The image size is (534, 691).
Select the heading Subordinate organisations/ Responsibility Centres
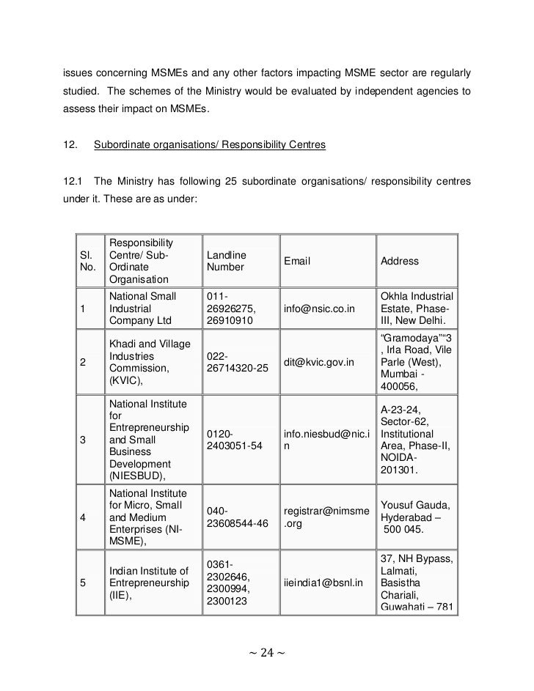[x=210, y=146]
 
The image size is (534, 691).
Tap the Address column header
[x=400, y=261]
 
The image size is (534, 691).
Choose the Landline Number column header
[x=225, y=261]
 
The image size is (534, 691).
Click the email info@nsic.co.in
[x=319, y=309]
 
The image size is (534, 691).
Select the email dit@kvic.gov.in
[x=319, y=362]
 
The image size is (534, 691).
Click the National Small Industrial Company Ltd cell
[x=143, y=309]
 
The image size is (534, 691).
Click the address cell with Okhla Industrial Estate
[x=416, y=309]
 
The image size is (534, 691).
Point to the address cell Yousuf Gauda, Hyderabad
[x=415, y=517]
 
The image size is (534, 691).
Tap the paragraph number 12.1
[x=73, y=181]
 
